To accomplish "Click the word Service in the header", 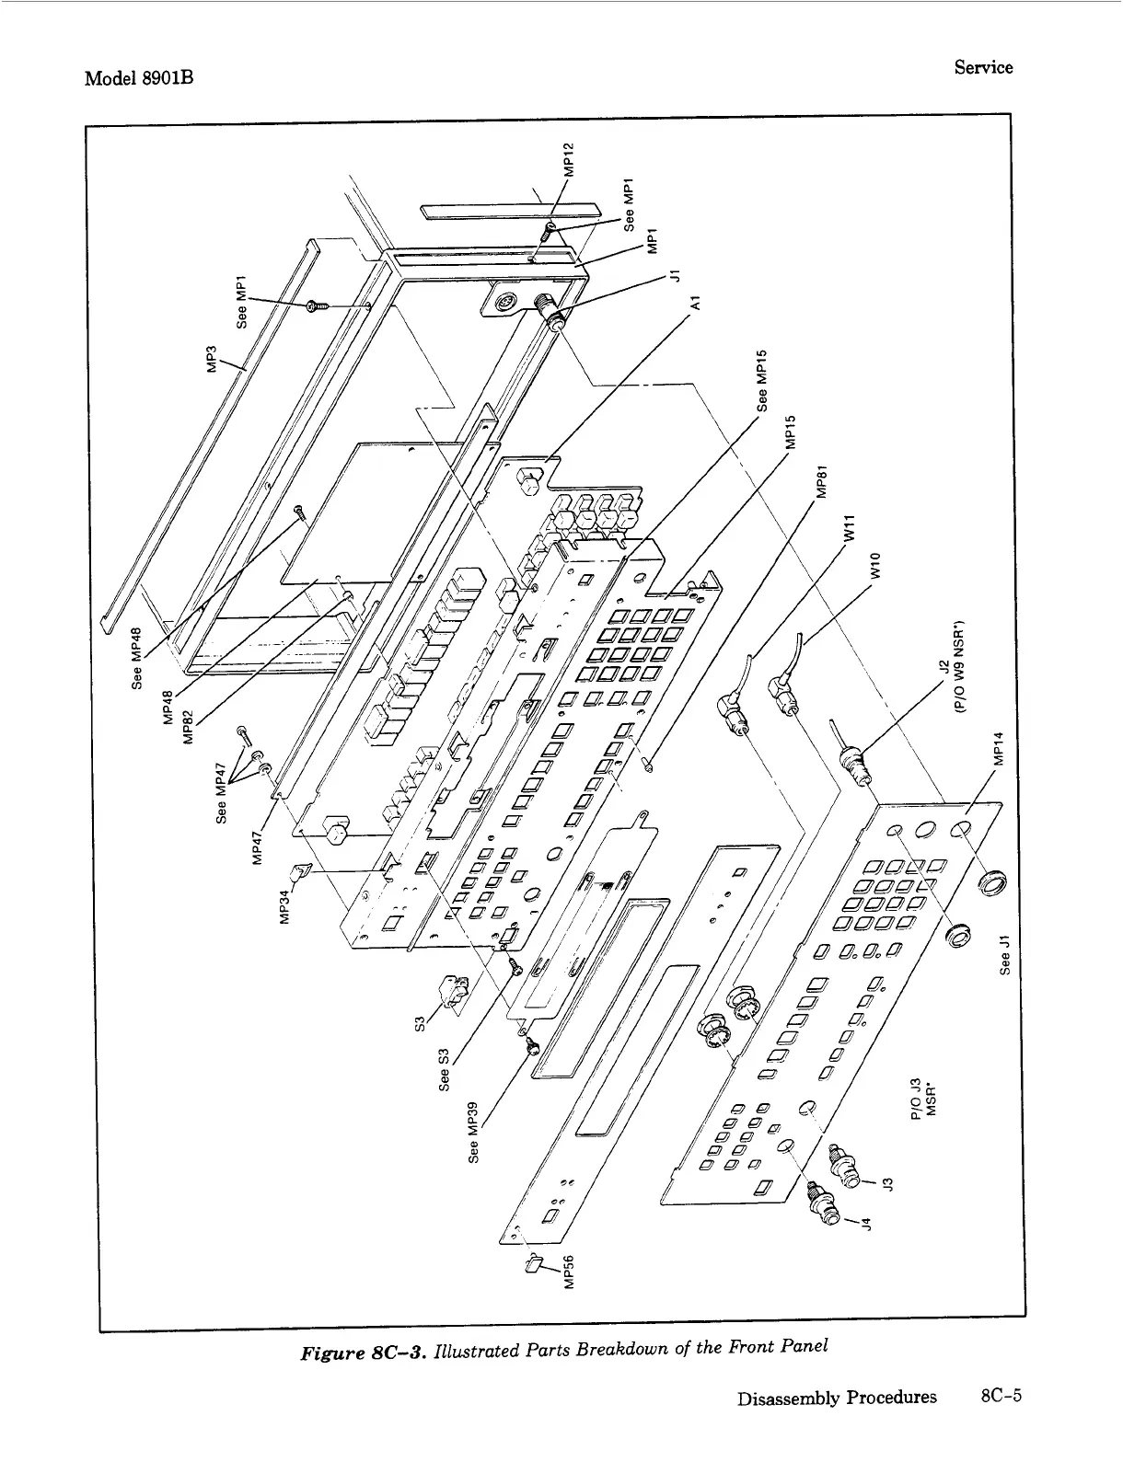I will [983, 67].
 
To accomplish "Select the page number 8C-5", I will [1002, 1396].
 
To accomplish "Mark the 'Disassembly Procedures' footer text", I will [836, 1397].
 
